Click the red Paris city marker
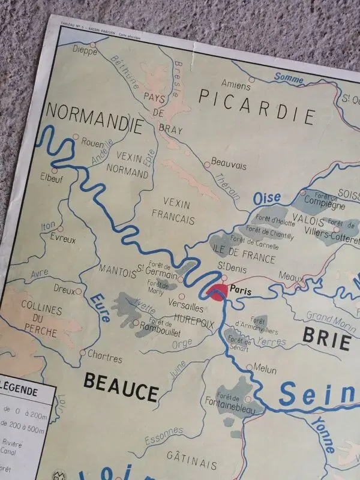tap(217, 292)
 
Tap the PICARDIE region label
tap(257, 104)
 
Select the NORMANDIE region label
tap(94, 118)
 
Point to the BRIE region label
tap(326, 338)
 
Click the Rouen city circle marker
tap(76, 137)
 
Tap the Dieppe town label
tap(85, 50)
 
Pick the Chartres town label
tap(104, 356)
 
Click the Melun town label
tap(265, 369)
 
